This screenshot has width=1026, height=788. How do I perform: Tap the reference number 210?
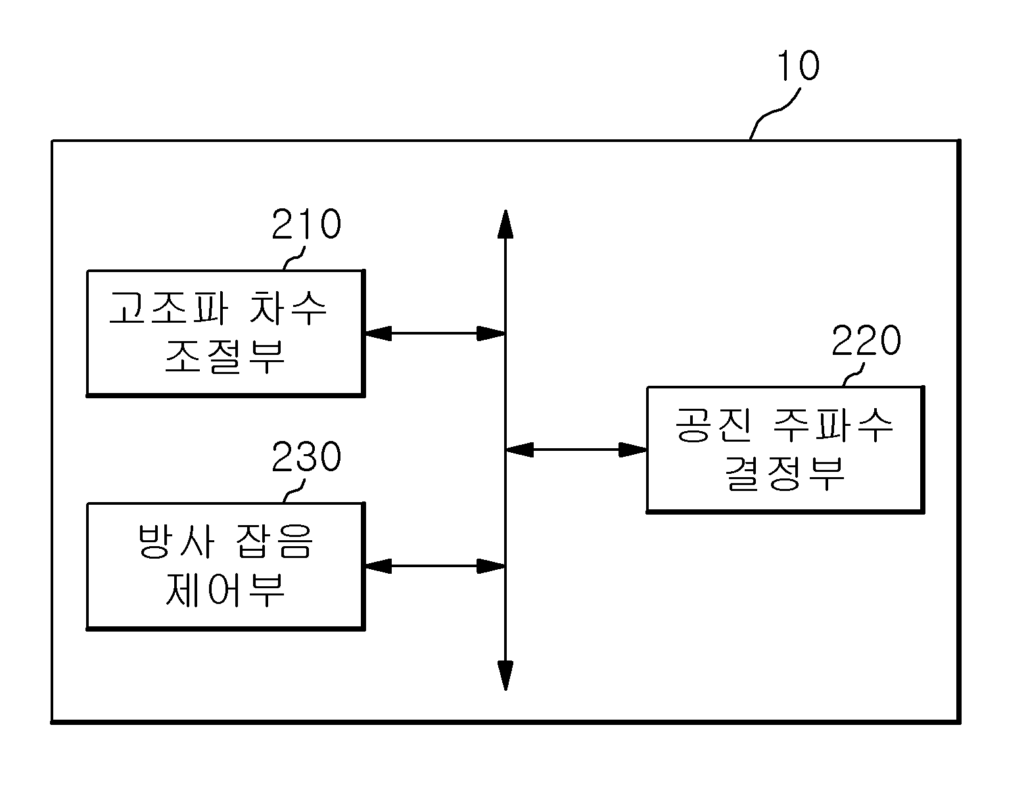[306, 224]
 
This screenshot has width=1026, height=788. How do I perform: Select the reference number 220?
[866, 340]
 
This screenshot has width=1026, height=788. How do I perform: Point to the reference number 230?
[306, 457]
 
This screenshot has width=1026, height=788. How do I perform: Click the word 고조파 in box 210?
[168, 308]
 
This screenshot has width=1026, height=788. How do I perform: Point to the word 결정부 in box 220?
[785, 474]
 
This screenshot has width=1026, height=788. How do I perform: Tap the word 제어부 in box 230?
[225, 590]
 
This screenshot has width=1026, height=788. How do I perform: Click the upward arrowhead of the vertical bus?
[505, 223]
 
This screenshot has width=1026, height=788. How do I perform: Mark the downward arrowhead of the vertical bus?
[505, 676]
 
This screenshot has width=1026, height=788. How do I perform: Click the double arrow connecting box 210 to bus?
[435, 333]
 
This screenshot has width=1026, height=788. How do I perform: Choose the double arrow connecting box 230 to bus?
[435, 566]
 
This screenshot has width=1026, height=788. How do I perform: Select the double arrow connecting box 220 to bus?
[576, 450]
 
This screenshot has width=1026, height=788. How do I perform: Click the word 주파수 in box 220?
[833, 425]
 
